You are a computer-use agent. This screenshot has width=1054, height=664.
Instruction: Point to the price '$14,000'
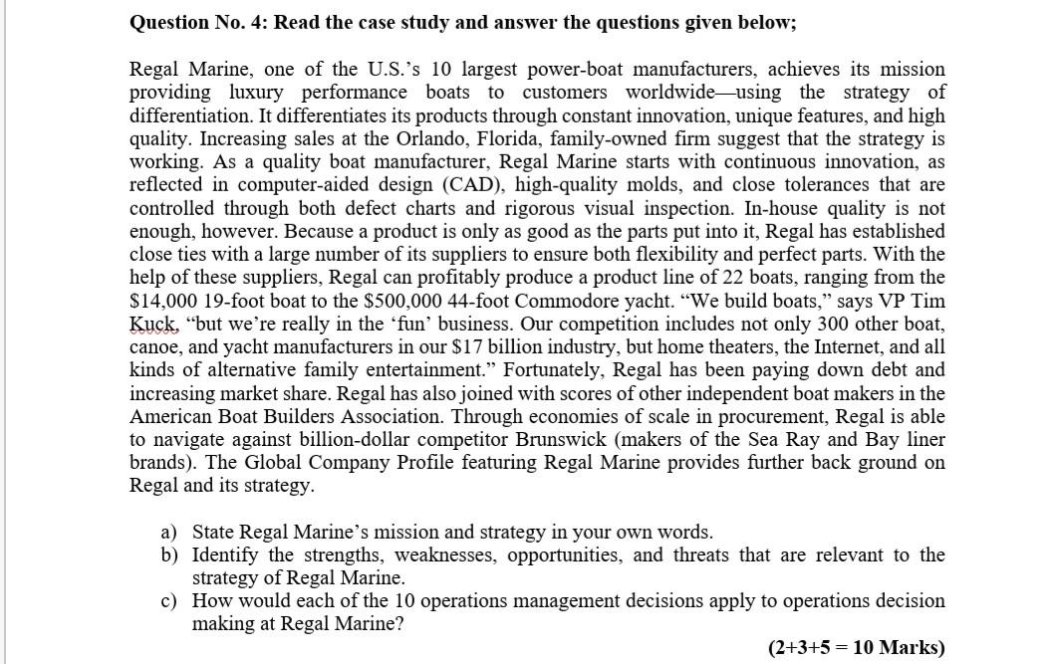(163, 301)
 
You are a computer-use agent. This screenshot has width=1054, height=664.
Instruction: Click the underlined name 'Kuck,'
(152, 325)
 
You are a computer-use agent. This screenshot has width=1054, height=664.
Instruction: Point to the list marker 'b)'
(170, 555)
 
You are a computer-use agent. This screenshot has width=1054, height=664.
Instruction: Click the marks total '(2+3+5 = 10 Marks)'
(856, 647)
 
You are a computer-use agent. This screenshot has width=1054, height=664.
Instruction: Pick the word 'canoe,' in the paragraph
(154, 347)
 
